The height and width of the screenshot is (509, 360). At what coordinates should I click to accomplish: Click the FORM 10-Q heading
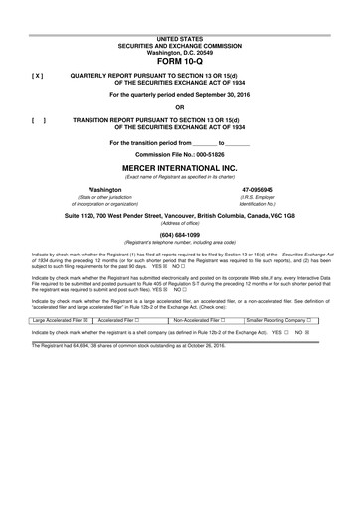pos(179,58)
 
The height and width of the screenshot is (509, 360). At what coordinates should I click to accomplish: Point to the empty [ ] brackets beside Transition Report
pos(38,117)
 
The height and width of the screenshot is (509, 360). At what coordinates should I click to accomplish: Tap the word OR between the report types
pos(179,107)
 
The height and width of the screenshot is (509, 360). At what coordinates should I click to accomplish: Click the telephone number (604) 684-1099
pos(179,235)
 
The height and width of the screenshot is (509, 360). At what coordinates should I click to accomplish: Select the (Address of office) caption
pos(179,223)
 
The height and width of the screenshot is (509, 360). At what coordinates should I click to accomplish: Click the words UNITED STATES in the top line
pos(179,36)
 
